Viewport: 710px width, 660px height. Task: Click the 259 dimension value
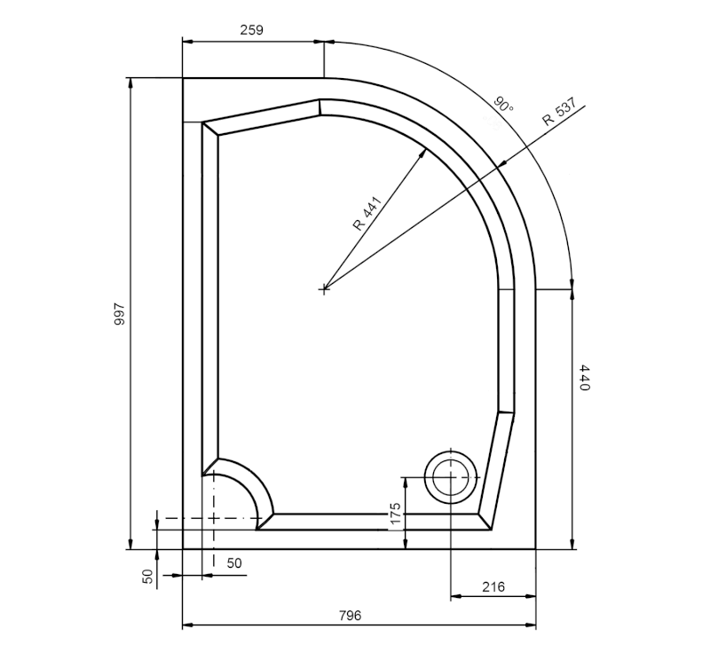pyautogui.click(x=251, y=30)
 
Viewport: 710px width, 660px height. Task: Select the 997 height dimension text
pyautogui.click(x=120, y=314)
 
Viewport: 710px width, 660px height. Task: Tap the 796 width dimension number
pyautogui.click(x=350, y=616)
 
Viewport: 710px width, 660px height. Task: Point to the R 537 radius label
pyautogui.click(x=559, y=112)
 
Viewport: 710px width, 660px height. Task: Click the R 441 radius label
pyautogui.click(x=367, y=214)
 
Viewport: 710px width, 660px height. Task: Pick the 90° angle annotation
pyautogui.click(x=503, y=105)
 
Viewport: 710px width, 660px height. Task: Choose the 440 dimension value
pyautogui.click(x=585, y=377)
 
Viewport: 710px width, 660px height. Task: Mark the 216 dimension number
pyautogui.click(x=493, y=587)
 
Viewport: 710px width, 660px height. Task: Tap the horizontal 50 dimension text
pyautogui.click(x=234, y=563)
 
